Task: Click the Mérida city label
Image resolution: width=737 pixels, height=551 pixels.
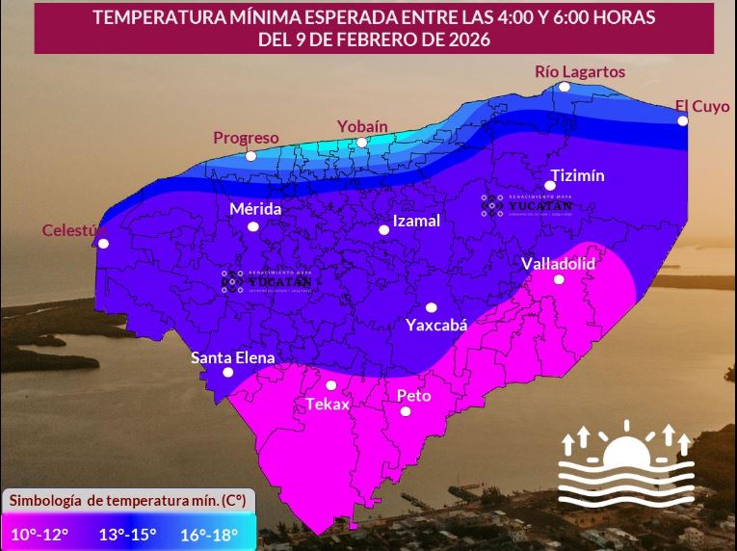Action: coord(255,209)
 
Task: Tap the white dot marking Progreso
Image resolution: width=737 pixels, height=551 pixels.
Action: coord(250,156)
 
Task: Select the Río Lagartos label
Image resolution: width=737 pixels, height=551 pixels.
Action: coord(580,71)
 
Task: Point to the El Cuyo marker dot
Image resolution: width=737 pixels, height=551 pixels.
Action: coord(682,120)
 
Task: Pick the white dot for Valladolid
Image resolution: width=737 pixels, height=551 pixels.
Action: coord(559,279)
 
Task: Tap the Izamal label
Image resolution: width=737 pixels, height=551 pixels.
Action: coord(416,221)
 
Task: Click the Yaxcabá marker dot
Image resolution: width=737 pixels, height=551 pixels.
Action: coord(431,307)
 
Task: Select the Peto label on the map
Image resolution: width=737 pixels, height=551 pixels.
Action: coord(413,395)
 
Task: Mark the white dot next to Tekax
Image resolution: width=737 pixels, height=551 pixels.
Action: coord(331,385)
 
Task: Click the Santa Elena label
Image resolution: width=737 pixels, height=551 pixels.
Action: coord(232,357)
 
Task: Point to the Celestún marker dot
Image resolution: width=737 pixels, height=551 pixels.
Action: coord(103,244)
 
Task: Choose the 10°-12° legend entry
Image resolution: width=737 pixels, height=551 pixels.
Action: coord(39,534)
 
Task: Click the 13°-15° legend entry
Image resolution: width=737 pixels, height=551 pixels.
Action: coord(127,534)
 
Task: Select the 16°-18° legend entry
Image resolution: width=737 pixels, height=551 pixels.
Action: coord(210,534)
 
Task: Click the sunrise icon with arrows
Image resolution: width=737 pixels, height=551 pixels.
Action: coord(626,461)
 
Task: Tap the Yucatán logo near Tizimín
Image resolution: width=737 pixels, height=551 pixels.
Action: coord(527,204)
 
